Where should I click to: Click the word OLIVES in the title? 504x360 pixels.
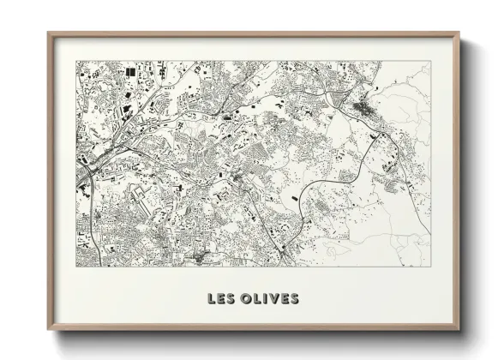pyautogui.click(x=270, y=299)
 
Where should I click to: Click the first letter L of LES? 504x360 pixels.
pyautogui.click(x=211, y=299)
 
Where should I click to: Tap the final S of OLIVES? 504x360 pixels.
pyautogui.click(x=295, y=299)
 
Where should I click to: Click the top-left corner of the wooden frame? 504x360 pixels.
pyautogui.click(x=49, y=33)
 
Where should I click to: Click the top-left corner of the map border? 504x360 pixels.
pyautogui.click(x=76, y=61)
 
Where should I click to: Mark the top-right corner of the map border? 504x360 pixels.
pyautogui.click(x=431, y=61)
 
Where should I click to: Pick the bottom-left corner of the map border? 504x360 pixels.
pyautogui.click(x=76, y=267)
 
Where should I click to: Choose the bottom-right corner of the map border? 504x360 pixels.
pyautogui.click(x=431, y=267)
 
